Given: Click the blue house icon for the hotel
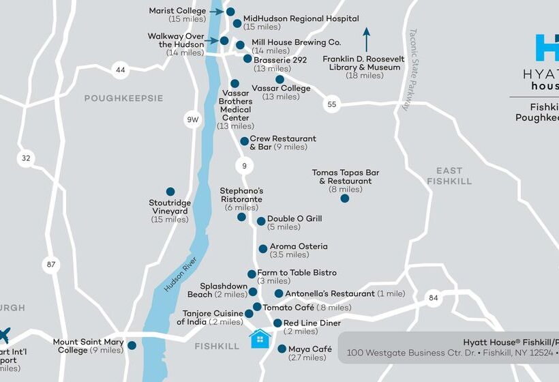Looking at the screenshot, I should [x=260, y=338].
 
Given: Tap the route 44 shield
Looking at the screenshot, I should [x=121, y=70].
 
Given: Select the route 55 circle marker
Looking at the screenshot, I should [x=331, y=104].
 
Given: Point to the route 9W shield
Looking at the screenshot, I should [x=193, y=120].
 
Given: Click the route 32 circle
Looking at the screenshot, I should [x=26, y=158].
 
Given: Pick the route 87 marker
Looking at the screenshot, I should [x=52, y=265].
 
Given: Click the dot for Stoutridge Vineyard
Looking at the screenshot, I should [x=170, y=192].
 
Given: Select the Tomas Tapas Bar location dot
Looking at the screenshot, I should [x=345, y=199].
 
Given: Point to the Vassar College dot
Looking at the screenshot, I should [x=279, y=79].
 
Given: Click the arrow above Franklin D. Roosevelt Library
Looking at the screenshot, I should [x=366, y=40].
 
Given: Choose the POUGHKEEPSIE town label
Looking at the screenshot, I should [x=123, y=98].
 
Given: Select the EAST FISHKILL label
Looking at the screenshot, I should [x=449, y=176].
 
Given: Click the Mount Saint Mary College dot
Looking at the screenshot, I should [x=132, y=345].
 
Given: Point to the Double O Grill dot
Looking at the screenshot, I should [x=261, y=221].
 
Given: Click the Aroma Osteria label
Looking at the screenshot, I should [x=298, y=246].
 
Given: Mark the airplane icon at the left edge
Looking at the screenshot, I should [x=4, y=335].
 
